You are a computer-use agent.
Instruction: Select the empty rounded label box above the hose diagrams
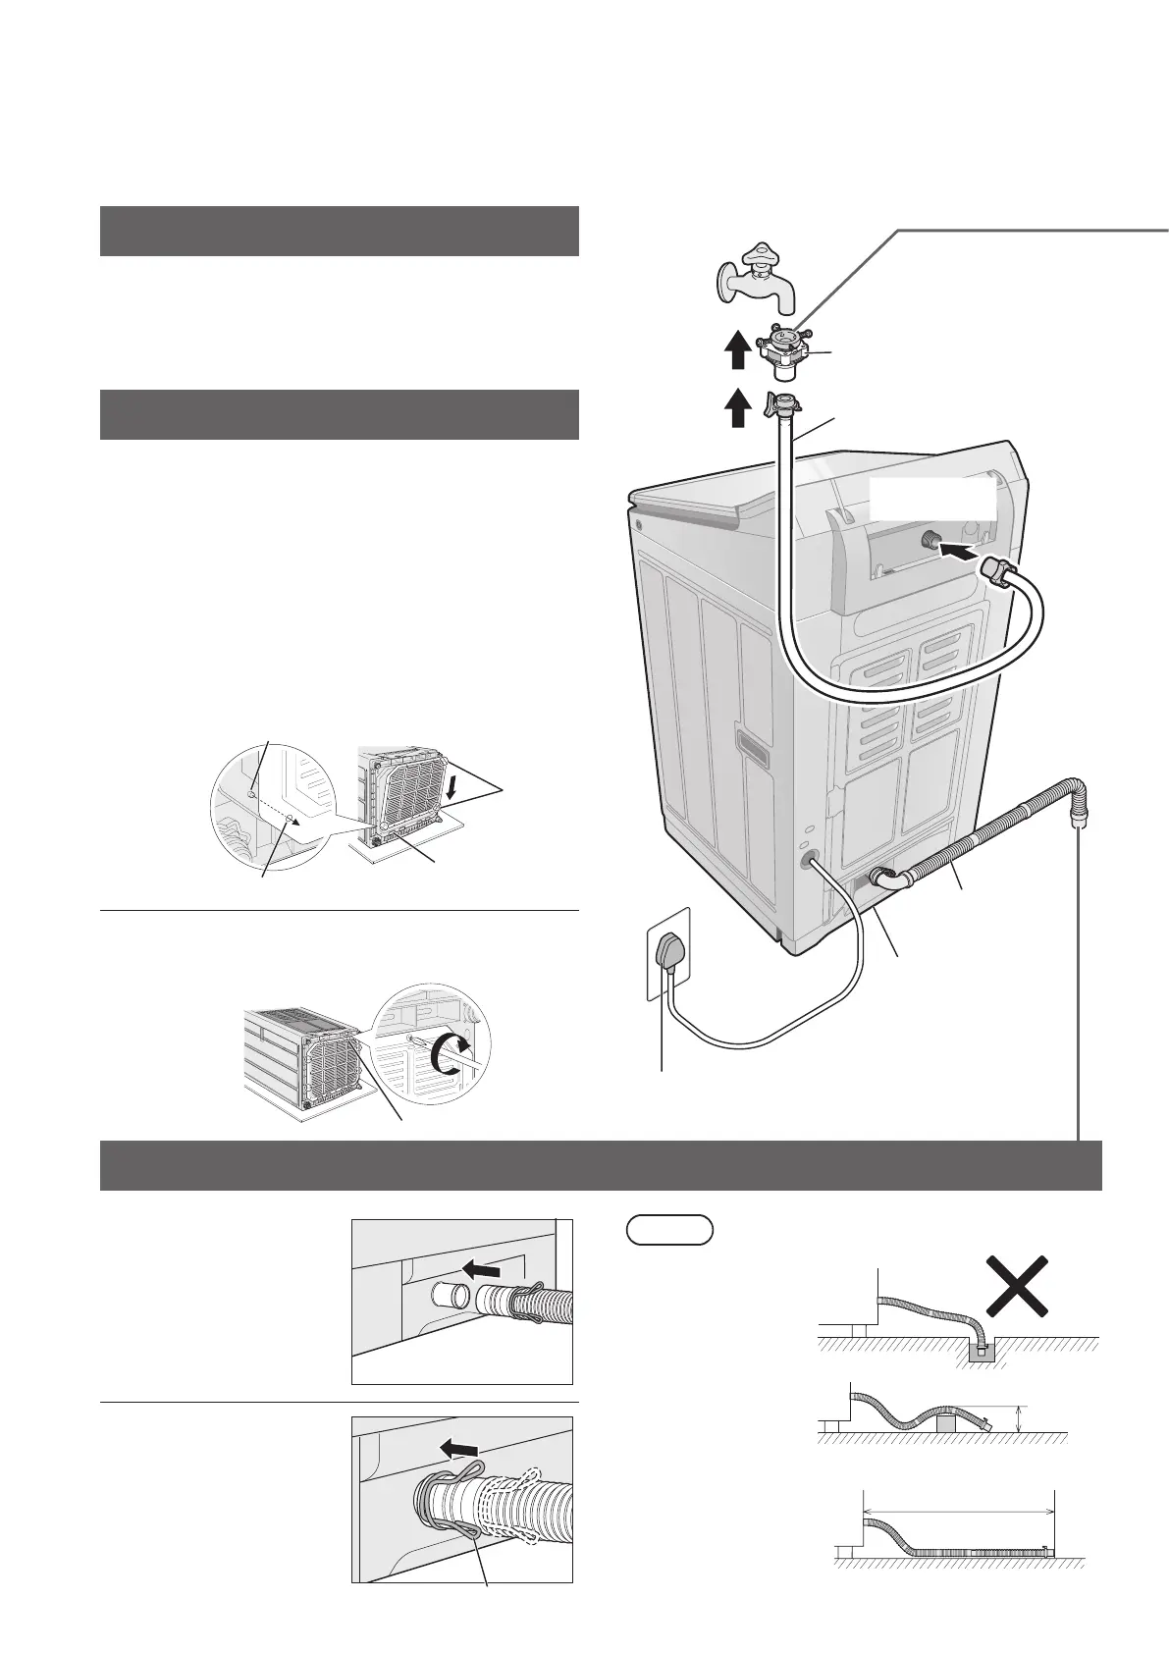point(668,1230)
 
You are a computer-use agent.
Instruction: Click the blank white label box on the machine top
point(932,501)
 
